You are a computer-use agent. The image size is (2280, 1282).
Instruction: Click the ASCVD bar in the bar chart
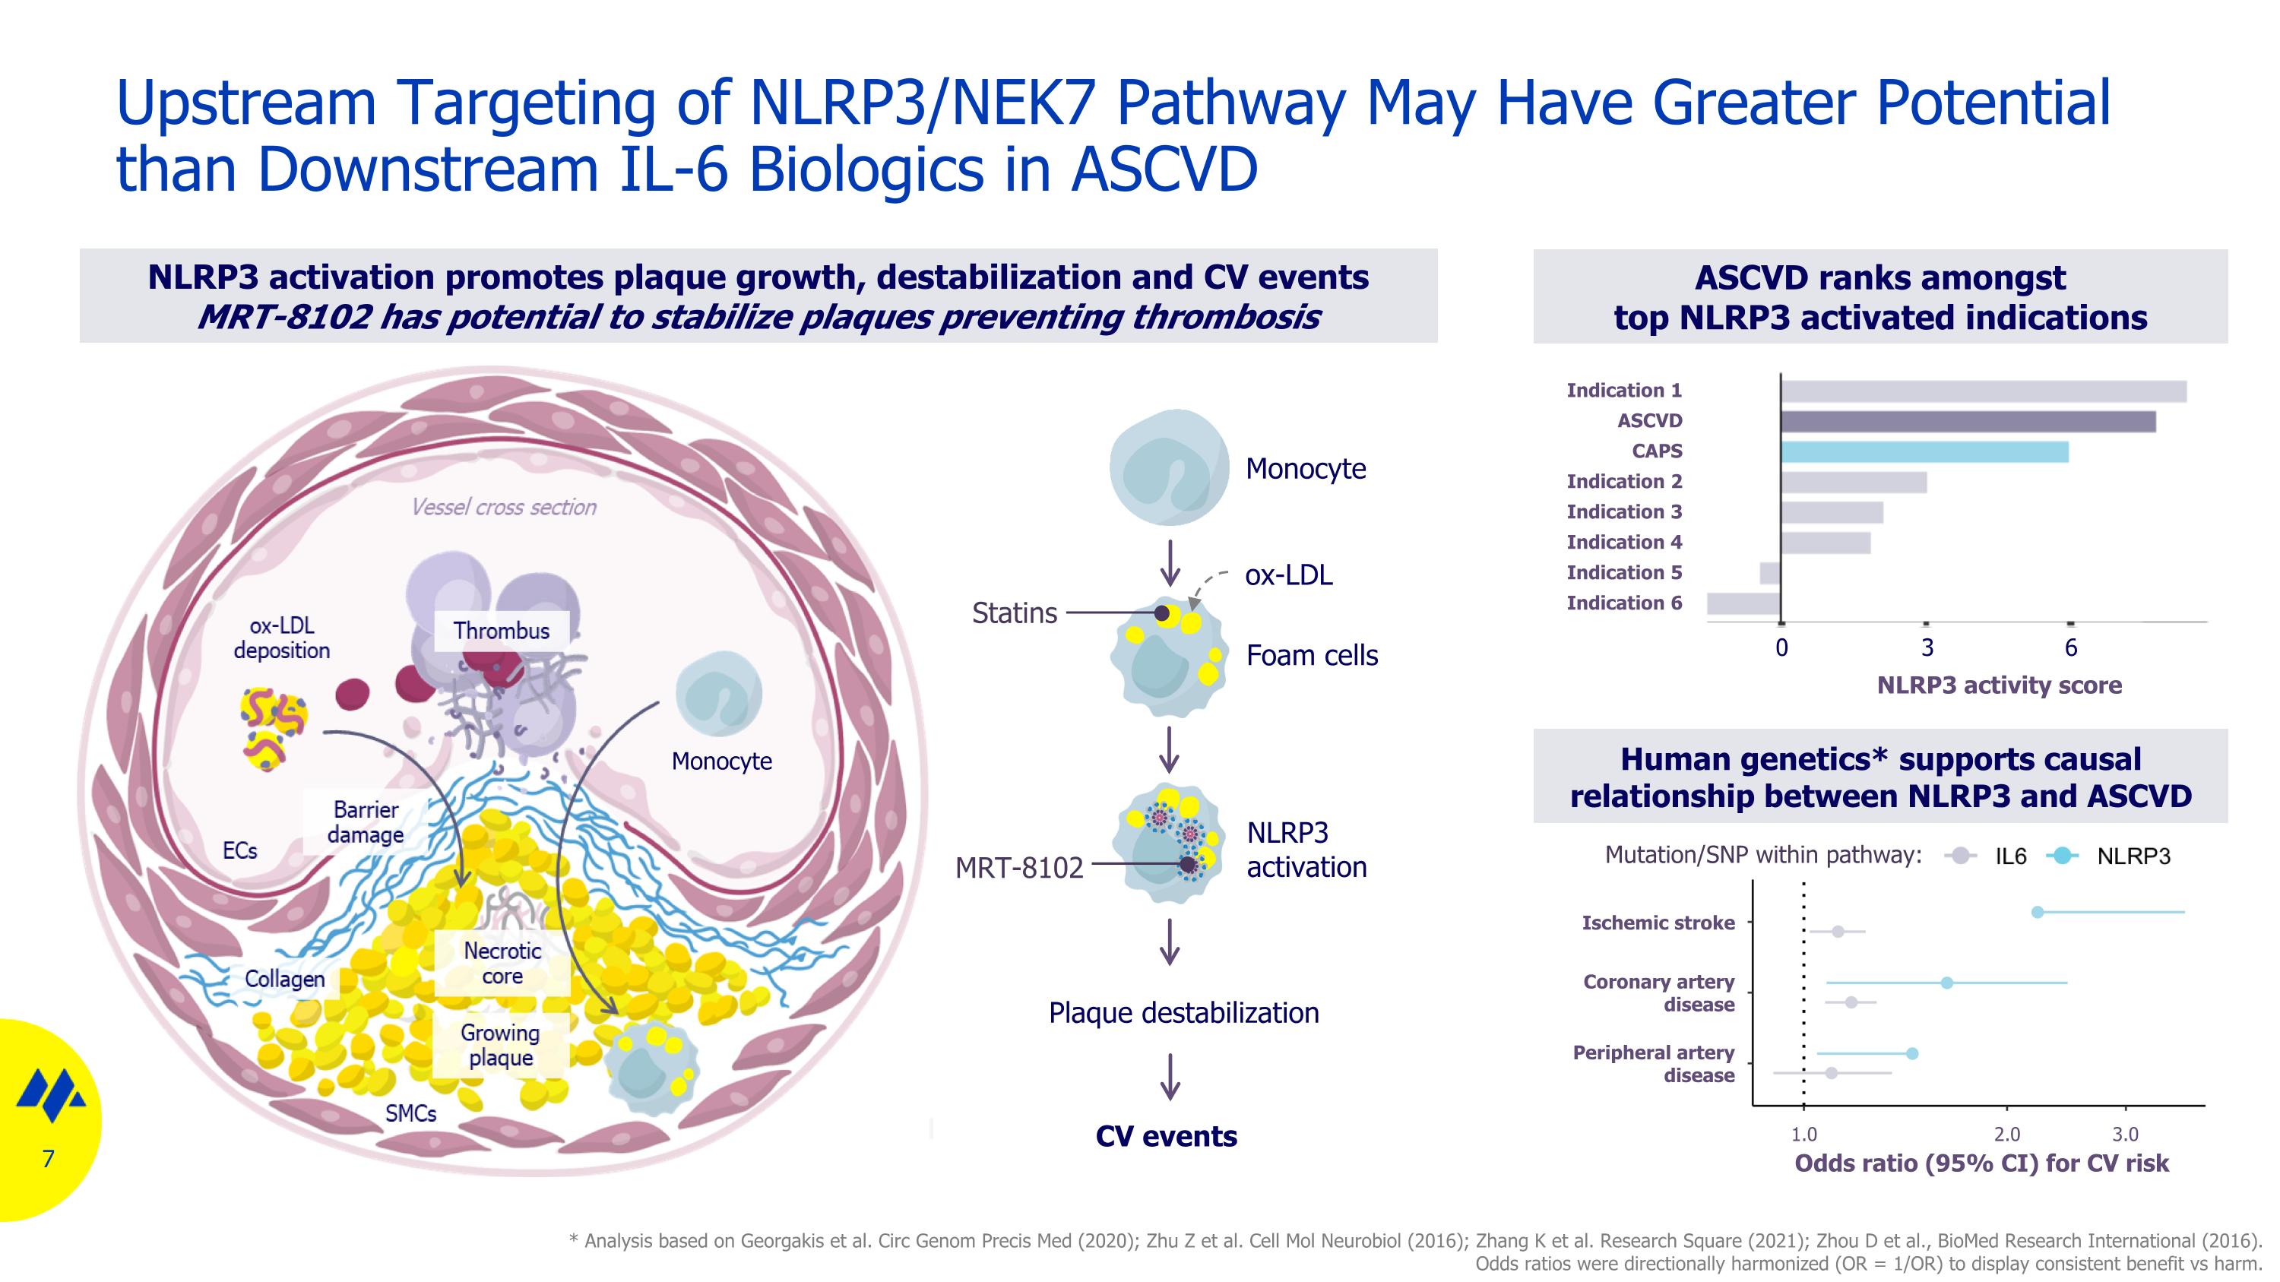click(1967, 421)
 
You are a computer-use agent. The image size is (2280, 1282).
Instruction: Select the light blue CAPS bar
click(1924, 452)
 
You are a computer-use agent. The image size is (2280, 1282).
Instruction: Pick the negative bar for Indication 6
click(1743, 603)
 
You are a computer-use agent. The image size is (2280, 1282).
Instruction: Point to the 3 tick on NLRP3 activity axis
click(1927, 647)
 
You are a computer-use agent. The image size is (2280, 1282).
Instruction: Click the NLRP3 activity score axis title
click(1999, 685)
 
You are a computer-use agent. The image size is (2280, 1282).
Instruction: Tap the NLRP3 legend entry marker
click(2063, 856)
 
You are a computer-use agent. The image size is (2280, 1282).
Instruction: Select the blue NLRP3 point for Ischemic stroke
click(2037, 912)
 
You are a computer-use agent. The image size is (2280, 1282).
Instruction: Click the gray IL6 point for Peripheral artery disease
click(1832, 1073)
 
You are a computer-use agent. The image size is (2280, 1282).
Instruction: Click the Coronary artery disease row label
click(1658, 992)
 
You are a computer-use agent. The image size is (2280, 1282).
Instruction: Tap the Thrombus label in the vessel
click(501, 631)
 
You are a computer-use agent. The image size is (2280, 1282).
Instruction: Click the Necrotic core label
click(502, 963)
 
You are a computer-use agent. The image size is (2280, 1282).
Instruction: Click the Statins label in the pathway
click(1015, 613)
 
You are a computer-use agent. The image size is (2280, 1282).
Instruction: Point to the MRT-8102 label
click(1018, 867)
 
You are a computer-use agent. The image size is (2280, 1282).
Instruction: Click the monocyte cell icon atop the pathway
click(1169, 468)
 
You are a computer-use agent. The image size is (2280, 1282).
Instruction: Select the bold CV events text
click(1166, 1136)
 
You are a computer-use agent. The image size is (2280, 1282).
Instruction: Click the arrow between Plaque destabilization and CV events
click(1170, 1076)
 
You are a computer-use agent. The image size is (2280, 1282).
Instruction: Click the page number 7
click(49, 1158)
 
